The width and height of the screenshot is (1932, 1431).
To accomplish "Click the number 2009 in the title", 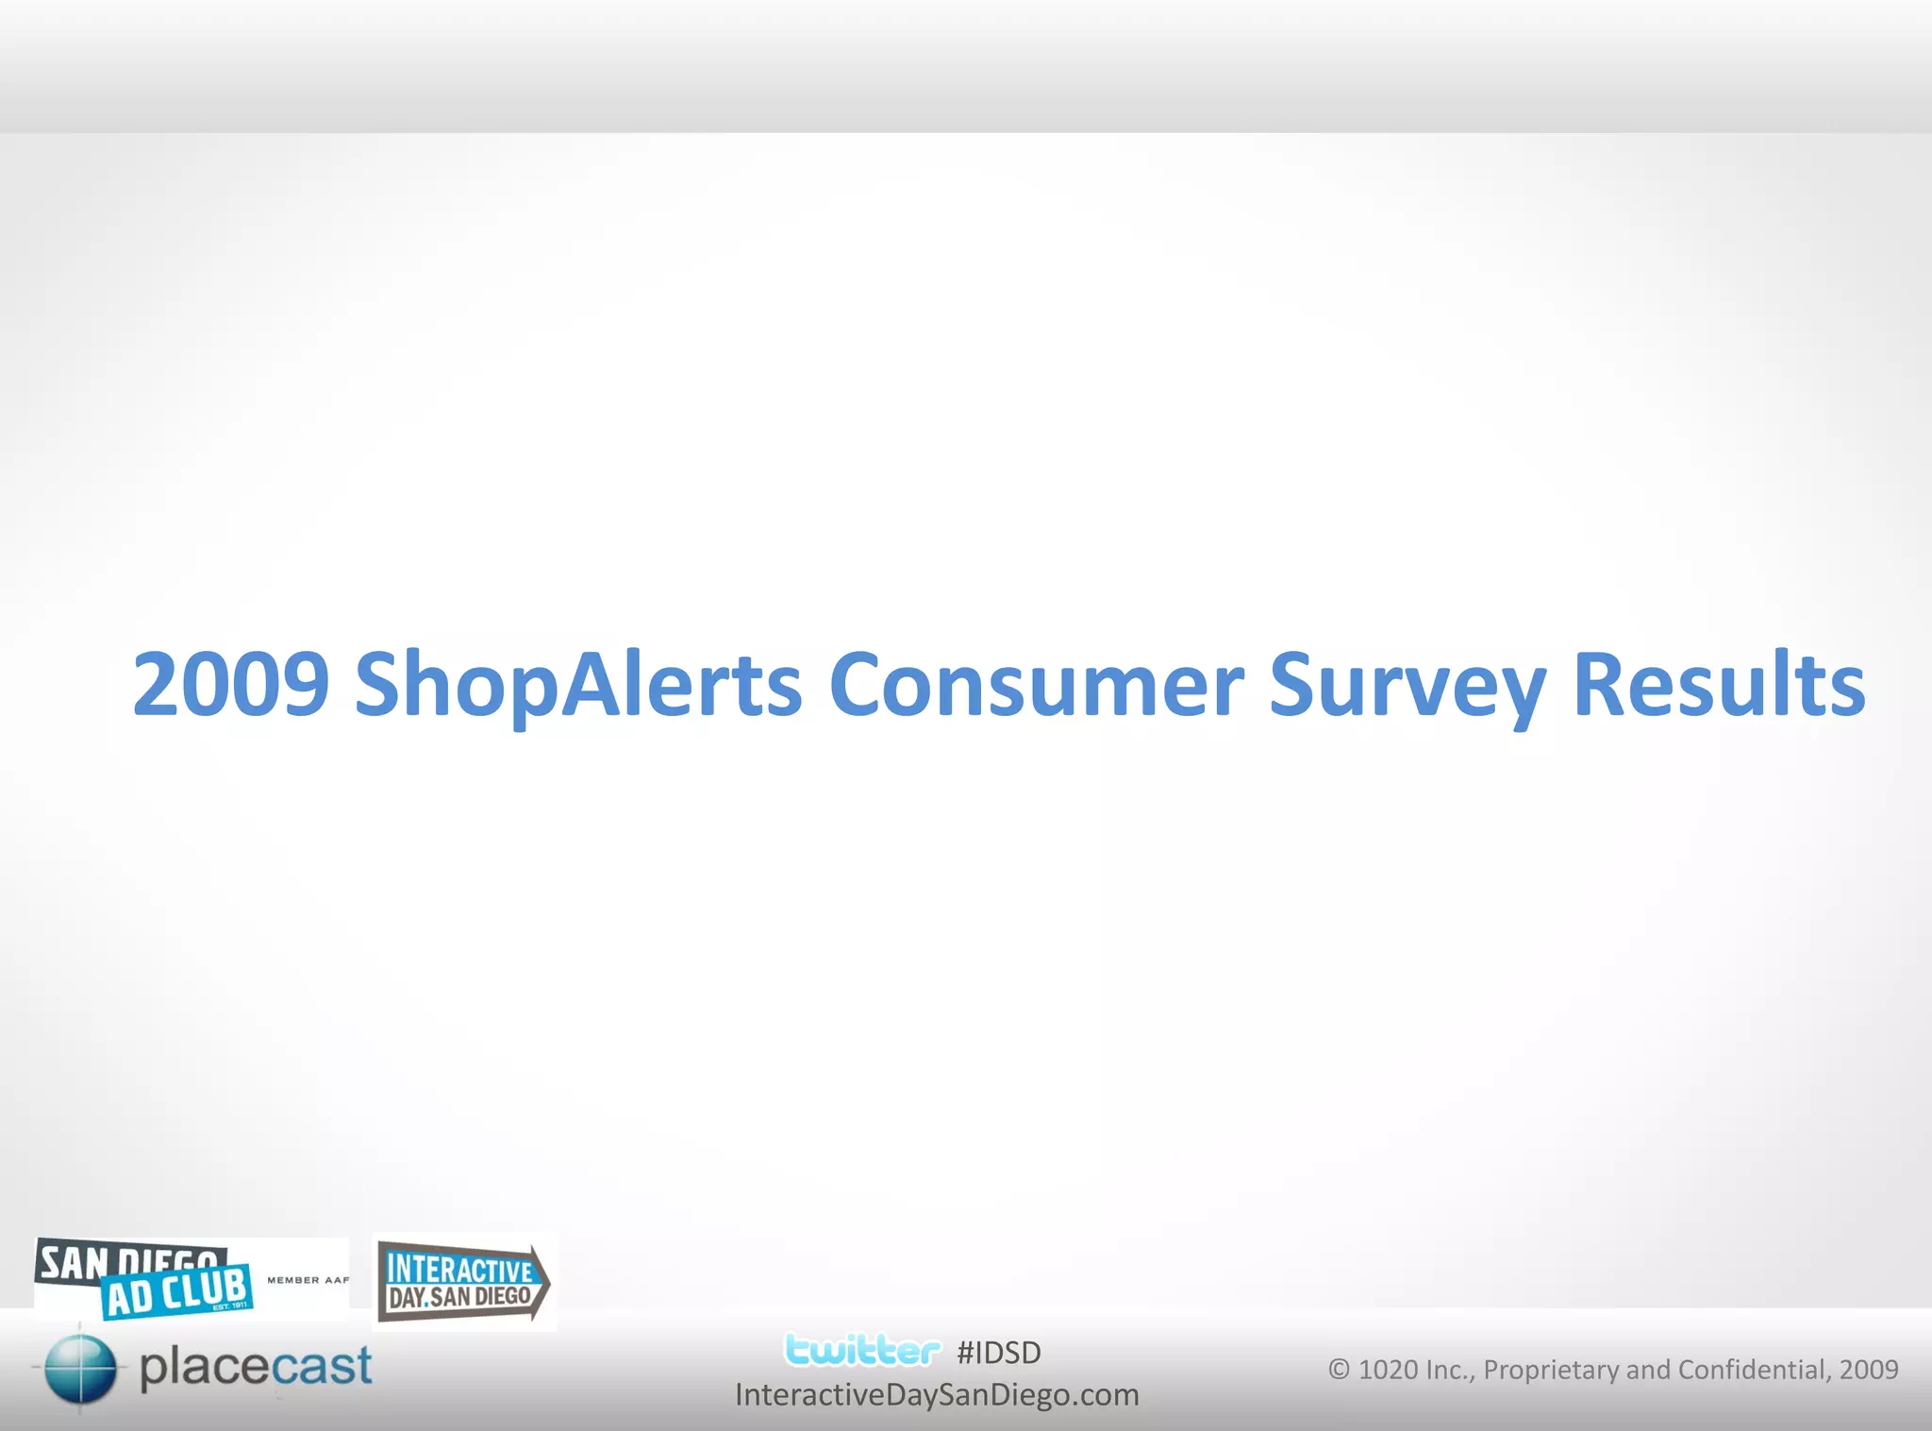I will (230, 684).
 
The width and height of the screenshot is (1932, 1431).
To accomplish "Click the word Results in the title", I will (1719, 684).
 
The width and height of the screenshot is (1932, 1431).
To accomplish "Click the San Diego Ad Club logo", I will (146, 1277).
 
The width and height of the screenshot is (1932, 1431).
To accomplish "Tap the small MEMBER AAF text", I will (308, 1280).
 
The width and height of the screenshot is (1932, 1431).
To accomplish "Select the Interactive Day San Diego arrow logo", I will (463, 1282).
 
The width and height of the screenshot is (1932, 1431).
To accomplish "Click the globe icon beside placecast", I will (80, 1368).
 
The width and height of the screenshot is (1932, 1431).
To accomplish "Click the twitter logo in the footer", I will (862, 1350).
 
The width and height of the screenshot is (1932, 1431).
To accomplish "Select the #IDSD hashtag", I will (998, 1353).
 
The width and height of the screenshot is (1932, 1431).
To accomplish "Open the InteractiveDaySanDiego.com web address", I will (937, 1394).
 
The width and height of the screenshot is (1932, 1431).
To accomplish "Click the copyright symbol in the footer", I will (1339, 1369).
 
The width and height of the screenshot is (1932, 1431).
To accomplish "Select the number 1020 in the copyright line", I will (1388, 1370).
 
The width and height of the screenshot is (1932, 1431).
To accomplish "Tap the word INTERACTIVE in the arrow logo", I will (459, 1269).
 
